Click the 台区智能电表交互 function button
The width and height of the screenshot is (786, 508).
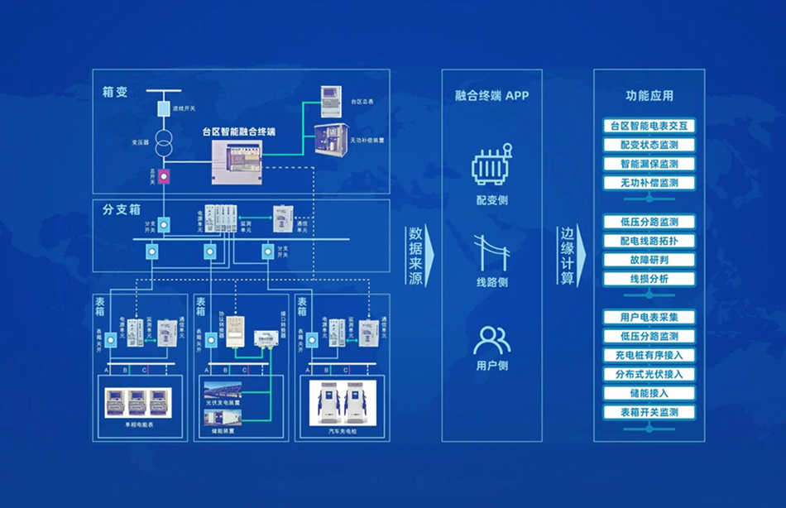click(x=649, y=126)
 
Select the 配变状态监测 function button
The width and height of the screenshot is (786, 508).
click(x=649, y=145)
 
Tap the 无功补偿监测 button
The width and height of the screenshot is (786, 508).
click(x=649, y=183)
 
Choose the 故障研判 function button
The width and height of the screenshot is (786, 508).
click(x=649, y=260)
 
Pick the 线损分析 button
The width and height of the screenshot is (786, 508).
click(x=649, y=279)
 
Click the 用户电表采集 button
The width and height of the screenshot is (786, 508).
click(x=649, y=317)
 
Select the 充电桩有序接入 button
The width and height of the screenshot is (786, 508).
click(x=649, y=355)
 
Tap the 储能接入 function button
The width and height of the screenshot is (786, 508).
click(x=649, y=393)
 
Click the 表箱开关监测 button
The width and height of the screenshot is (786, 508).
click(x=649, y=412)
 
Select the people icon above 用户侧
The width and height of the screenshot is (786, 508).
click(x=491, y=340)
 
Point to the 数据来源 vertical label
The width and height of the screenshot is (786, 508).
click(x=415, y=256)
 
